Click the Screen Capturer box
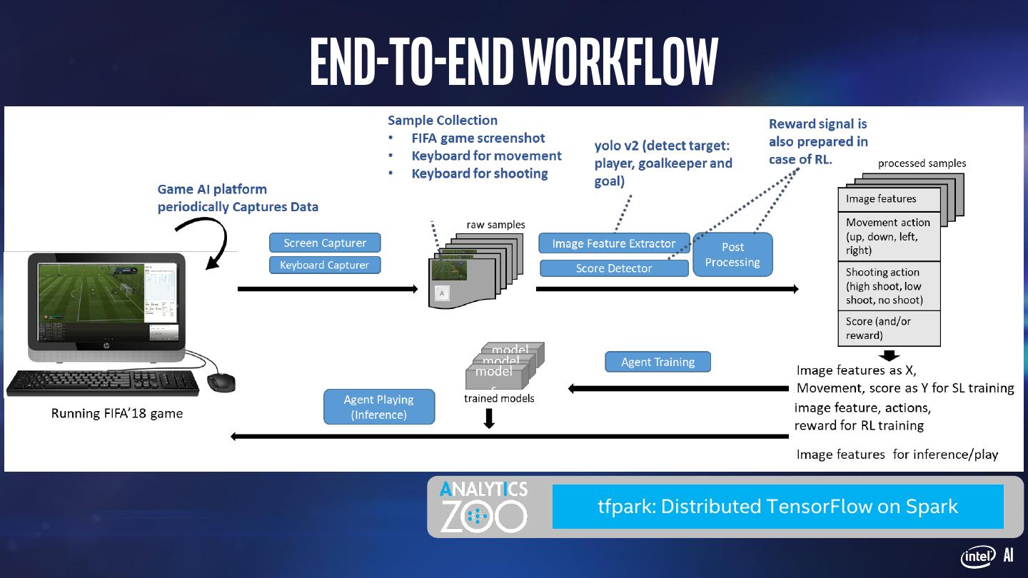[x=325, y=243]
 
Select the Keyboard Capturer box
[x=325, y=265]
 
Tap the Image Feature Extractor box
[x=614, y=243]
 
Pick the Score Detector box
[x=614, y=268]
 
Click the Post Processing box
[x=732, y=255]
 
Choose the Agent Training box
[x=657, y=362]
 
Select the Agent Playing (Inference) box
[x=379, y=407]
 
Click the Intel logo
[x=978, y=557]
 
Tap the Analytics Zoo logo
[x=483, y=507]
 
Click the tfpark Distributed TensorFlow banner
[x=777, y=507]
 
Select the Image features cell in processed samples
[x=889, y=199]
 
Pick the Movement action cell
[x=889, y=236]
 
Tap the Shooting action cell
[x=889, y=285]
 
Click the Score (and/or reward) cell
[x=889, y=328]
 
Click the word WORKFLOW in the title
[x=620, y=61]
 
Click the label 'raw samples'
[x=495, y=225]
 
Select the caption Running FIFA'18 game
[x=116, y=413]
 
